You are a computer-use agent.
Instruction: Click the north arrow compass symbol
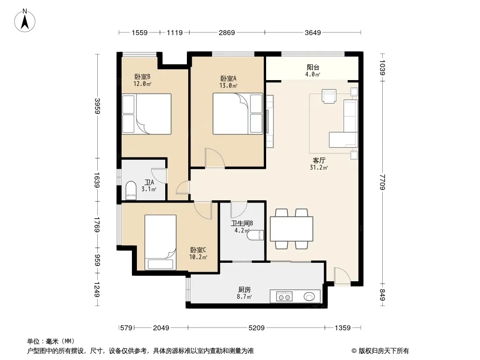[25, 20]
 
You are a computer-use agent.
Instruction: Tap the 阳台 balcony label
[313, 67]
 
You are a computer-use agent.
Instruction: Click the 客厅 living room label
[319, 160]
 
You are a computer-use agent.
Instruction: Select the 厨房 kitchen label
[245, 289]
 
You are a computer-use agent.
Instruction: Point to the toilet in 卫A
[131, 190]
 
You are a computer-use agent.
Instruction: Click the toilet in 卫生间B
[255, 235]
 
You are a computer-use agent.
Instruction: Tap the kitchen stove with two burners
[285, 297]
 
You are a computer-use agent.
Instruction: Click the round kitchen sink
[309, 297]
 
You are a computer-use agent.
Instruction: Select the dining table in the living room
[291, 229]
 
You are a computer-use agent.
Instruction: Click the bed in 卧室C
[160, 242]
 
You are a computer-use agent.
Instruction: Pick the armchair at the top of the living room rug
[329, 96]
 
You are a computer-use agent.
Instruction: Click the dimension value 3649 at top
[312, 32]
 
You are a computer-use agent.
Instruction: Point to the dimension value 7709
[382, 182]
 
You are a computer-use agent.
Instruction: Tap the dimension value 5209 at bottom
[256, 328]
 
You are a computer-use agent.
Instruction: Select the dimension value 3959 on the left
[97, 105]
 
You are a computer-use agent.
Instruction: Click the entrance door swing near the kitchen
[342, 276]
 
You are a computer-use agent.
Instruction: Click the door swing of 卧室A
[215, 158]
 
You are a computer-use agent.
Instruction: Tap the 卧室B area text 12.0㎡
[142, 84]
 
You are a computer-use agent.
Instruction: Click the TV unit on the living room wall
[269, 121]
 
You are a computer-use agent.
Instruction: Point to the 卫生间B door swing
[239, 210]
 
